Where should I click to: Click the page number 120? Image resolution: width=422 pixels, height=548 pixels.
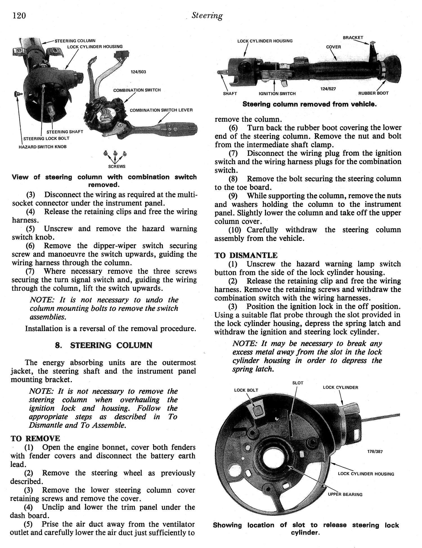click(x=19, y=15)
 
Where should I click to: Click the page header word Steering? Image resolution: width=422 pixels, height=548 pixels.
click(x=207, y=16)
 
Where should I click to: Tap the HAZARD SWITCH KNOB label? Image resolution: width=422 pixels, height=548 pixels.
click(x=42, y=147)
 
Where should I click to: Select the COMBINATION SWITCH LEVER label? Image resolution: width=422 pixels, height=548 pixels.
click(x=161, y=110)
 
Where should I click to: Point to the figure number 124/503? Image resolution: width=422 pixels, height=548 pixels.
click(x=138, y=72)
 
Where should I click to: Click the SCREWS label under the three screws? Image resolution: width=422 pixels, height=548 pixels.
click(x=117, y=167)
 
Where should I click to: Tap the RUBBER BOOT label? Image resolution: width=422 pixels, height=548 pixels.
click(x=373, y=93)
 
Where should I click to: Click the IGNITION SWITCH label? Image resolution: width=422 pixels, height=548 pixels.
click(x=277, y=94)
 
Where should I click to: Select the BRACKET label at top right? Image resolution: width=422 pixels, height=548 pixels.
click(x=353, y=37)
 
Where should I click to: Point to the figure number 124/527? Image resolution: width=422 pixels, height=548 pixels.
click(x=328, y=89)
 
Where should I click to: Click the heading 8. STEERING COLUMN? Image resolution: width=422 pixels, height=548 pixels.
click(x=104, y=345)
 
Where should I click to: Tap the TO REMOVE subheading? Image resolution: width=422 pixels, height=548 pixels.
click(x=35, y=438)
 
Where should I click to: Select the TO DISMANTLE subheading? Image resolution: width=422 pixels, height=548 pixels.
click(x=246, y=255)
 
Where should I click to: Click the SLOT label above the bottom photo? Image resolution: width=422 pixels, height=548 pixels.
click(x=298, y=383)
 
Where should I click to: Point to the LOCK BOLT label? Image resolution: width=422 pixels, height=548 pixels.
click(x=246, y=390)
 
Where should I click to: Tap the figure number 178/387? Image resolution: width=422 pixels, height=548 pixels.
click(x=375, y=452)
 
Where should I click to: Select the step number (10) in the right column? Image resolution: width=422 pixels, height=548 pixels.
click(x=235, y=230)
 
